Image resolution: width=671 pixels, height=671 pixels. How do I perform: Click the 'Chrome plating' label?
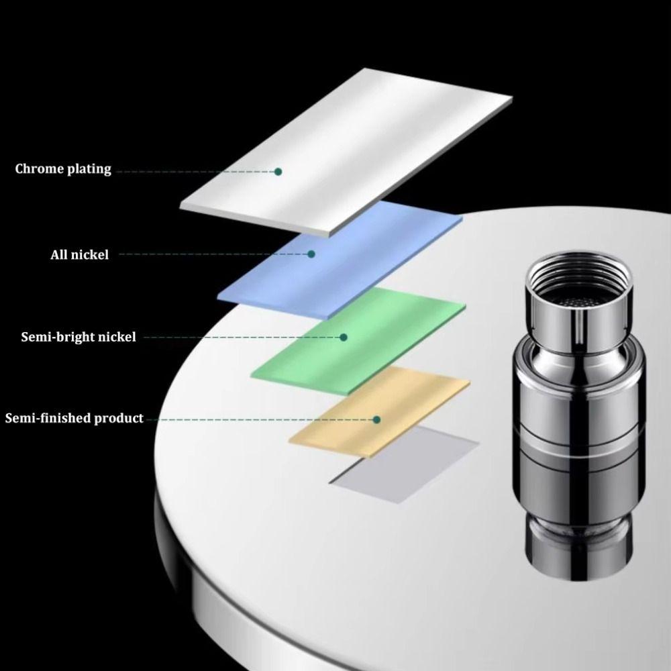tap(63, 168)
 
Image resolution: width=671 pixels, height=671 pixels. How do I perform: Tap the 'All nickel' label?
tap(79, 254)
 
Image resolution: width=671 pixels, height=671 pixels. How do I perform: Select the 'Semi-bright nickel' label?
tap(78, 336)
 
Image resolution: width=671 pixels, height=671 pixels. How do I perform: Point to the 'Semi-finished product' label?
tap(74, 419)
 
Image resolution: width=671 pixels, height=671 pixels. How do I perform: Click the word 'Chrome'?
tap(39, 168)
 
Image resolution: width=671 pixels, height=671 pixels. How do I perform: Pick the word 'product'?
tap(118, 419)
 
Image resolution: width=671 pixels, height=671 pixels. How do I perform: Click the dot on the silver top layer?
tap(278, 172)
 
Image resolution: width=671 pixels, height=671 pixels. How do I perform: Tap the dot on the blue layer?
tap(311, 254)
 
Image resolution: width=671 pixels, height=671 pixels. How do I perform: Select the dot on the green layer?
tap(344, 337)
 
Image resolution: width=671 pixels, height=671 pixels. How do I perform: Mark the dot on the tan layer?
tap(376, 419)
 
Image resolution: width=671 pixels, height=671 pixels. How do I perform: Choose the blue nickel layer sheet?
tap(376, 268)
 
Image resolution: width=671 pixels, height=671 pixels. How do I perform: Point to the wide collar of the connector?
tap(577, 389)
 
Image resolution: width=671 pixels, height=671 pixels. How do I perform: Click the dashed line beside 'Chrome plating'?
tap(195, 172)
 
